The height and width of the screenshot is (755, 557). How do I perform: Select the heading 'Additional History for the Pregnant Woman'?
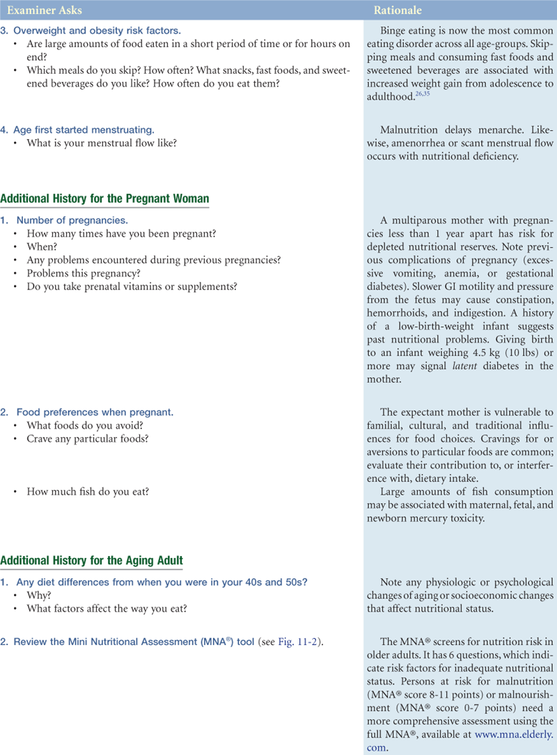(104, 199)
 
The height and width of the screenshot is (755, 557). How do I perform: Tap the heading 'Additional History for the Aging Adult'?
(93, 560)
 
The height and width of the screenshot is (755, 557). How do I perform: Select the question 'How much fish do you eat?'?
(87, 491)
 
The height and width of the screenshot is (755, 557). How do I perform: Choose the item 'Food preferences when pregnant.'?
(95, 413)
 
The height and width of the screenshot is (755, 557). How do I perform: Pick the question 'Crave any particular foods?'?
(88, 438)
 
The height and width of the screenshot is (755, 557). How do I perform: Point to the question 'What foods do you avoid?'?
(82, 425)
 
